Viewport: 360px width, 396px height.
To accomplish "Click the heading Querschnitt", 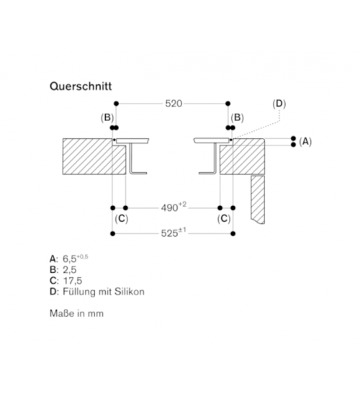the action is pos(81,86).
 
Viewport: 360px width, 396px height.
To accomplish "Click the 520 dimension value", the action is pos(174,104).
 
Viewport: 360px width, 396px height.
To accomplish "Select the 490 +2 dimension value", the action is pos(174,207).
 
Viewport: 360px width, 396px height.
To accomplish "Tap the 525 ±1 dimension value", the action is pos(174,233).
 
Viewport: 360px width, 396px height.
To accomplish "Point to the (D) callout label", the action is pos(279,104).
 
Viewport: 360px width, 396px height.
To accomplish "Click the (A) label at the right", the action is pos(305,142).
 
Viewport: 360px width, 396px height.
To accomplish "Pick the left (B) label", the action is pos(107,117).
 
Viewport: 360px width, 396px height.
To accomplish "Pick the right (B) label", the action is pos(237,117).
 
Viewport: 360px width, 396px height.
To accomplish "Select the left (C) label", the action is pos(122,219).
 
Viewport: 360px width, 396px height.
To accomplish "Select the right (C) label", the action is pos(224,219).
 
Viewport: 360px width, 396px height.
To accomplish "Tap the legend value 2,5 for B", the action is pos(69,270).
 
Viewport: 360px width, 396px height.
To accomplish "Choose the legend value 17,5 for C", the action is pos(73,281).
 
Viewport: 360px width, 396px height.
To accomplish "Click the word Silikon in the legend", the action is pos(130,292).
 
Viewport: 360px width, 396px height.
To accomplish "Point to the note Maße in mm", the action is pos(76,313).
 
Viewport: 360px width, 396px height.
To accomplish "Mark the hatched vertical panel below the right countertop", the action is pos(258,199).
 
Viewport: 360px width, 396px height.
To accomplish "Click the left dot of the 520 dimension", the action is pos(116,104).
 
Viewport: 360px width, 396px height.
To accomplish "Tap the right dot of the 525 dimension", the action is pos(233,233).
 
